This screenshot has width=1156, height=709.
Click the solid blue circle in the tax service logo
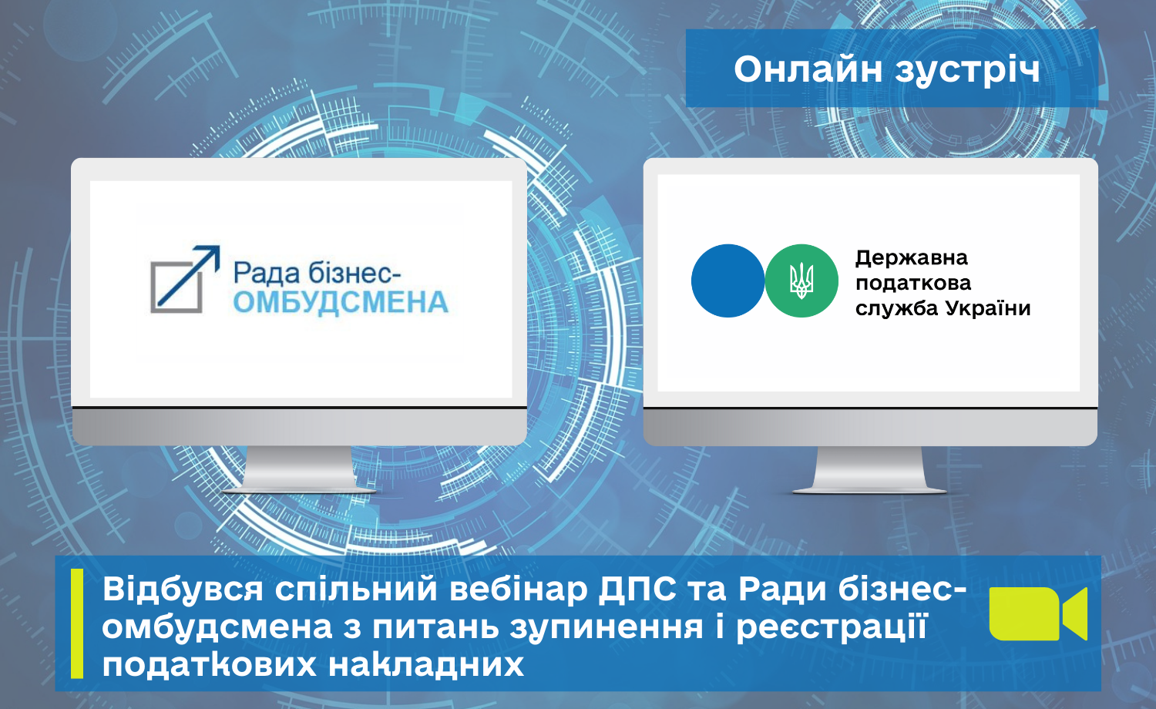[x=728, y=281]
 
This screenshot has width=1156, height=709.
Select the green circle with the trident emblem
[x=801, y=281]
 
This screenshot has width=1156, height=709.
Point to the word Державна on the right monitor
[x=912, y=258]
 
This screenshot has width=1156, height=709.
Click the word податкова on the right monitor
[x=913, y=283]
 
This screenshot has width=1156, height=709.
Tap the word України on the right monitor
[x=988, y=308]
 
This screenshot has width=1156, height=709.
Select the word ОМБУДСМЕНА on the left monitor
[x=341, y=303]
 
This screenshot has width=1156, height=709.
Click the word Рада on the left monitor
[x=267, y=273]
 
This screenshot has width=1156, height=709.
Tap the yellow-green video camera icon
[x=1038, y=613]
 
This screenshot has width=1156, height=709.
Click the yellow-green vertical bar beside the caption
[x=77, y=623]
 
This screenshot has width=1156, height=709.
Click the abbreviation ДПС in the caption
[x=637, y=590]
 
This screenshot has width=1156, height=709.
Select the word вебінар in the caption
[x=519, y=590]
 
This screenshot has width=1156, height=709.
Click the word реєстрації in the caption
[x=832, y=627]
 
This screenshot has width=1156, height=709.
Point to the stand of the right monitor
[x=869, y=469]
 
